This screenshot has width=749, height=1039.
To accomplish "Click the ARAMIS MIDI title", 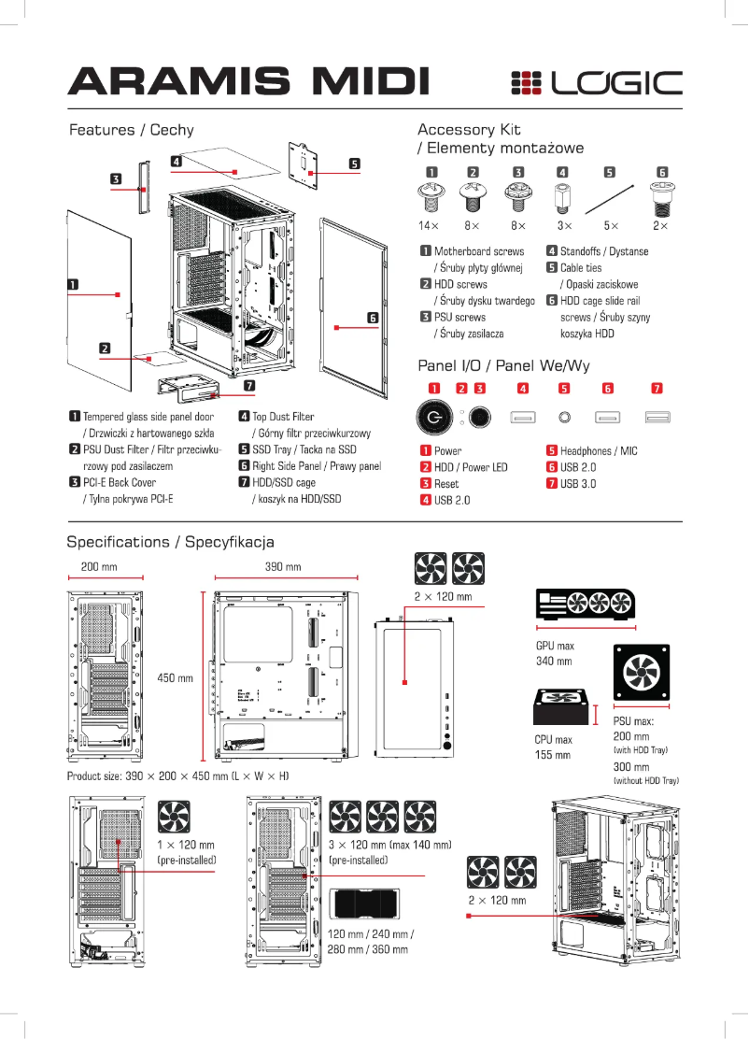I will (x=248, y=82).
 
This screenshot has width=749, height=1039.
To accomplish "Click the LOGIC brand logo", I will (x=596, y=83).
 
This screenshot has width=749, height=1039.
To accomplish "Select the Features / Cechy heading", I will (x=132, y=130).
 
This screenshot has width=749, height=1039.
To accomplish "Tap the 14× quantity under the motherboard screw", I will (x=429, y=226).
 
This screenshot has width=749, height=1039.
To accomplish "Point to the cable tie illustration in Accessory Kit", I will (x=610, y=199).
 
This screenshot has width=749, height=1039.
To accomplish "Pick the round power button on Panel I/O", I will (x=434, y=416).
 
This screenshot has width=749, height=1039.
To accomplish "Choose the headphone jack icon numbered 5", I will (x=564, y=416).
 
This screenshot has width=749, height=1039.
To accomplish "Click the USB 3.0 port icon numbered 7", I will (x=657, y=416).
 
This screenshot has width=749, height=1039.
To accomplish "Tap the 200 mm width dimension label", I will (x=99, y=567).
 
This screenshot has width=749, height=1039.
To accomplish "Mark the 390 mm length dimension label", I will (x=282, y=567).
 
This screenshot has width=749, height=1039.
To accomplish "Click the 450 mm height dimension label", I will (x=176, y=677).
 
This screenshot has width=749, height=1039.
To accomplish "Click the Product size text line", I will (x=177, y=776).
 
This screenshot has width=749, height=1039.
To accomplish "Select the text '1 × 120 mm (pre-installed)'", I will (x=187, y=852).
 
